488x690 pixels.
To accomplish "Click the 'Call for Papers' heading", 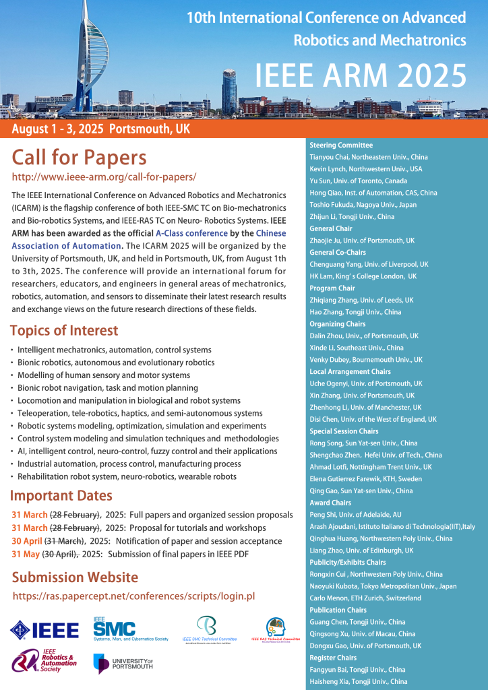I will click(79, 158).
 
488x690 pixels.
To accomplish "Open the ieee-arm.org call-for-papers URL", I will click(104, 177).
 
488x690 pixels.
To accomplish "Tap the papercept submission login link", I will click(133, 596).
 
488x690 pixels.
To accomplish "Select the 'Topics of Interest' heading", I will click(64, 331).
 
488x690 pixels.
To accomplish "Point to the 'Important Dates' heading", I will click(61, 497).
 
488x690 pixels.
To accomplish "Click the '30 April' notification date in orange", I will click(26, 541).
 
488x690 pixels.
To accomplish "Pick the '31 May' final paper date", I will click(26, 555).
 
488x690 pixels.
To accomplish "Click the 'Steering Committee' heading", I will click(341, 145).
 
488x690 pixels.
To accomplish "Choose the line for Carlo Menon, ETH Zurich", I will click(365, 598).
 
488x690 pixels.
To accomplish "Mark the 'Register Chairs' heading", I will click(333, 658).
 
